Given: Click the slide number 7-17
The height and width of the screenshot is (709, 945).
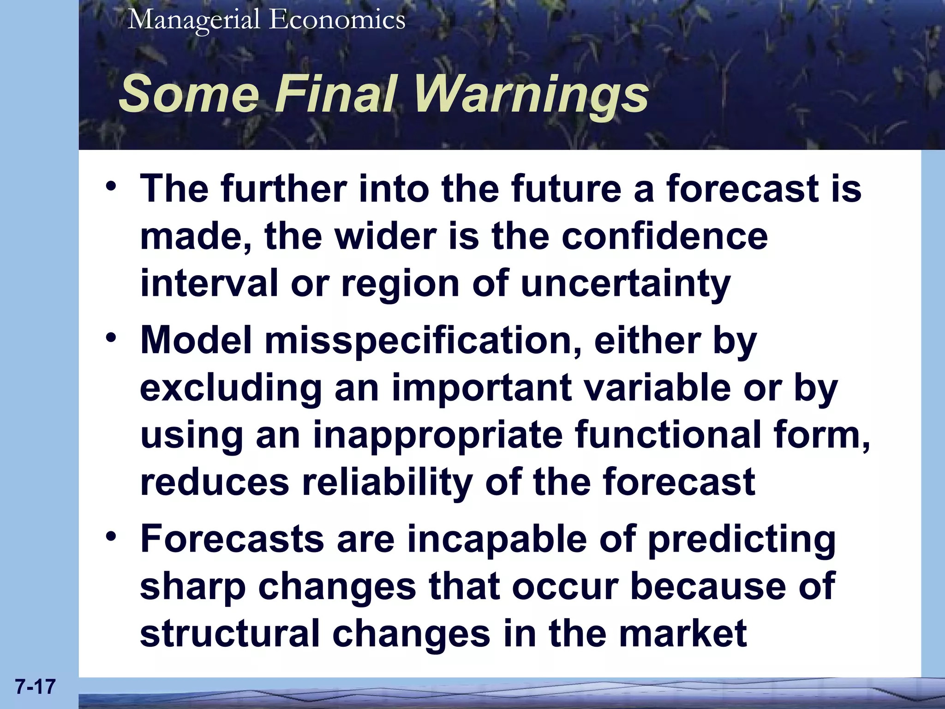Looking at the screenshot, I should click(35, 687).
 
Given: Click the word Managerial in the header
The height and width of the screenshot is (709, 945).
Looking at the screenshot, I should click(194, 20).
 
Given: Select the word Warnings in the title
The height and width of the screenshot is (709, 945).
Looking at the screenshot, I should click(531, 94).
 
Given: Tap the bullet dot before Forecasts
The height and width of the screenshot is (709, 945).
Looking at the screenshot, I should click(111, 537).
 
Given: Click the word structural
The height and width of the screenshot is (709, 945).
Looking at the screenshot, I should click(230, 634).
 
